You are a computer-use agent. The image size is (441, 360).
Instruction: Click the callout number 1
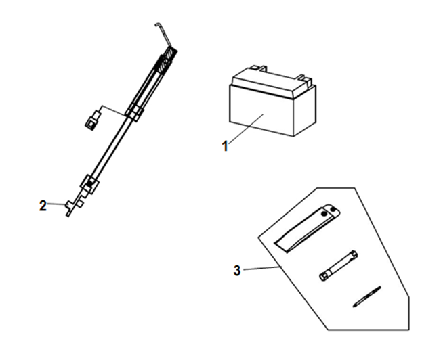pyautogui.click(x=225, y=146)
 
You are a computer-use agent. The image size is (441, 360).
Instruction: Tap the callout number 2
pyautogui.click(x=43, y=206)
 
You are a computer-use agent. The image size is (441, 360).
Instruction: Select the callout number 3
pyautogui.click(x=237, y=271)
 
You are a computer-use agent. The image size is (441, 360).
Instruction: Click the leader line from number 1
pyautogui.click(x=245, y=129)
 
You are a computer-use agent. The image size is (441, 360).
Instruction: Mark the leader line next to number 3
pyautogui.click(x=262, y=268)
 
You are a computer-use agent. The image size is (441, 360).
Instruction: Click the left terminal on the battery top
pyautogui.click(x=259, y=68)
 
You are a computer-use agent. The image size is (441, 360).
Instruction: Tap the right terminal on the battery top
pyautogui.click(x=305, y=78)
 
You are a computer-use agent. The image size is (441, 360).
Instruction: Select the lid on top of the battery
pyautogui.click(x=273, y=82)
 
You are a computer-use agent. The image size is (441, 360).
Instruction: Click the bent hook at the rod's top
pyautogui.click(x=163, y=33)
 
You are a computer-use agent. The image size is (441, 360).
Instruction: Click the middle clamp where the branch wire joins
pyautogui.click(x=135, y=112)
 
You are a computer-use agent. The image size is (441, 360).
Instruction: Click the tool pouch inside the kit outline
pyautogui.click(x=307, y=228)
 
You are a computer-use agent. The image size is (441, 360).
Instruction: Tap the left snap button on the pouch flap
pyautogui.click(x=324, y=214)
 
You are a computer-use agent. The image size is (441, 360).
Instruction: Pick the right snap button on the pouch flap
pyautogui.click(x=333, y=209)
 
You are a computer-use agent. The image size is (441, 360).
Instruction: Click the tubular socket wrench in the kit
pyautogui.click(x=339, y=265)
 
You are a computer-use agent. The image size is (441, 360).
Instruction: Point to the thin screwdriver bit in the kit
pyautogui.click(x=366, y=297)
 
